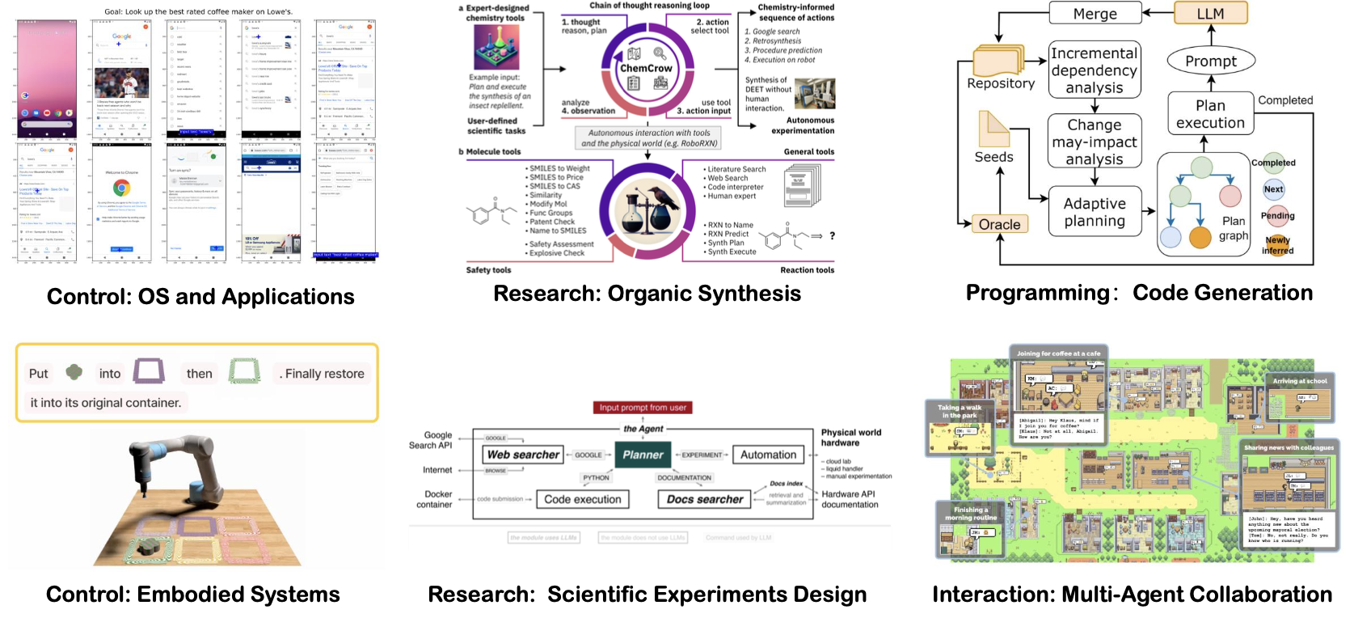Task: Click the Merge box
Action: pos(1095,14)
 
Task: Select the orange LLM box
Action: pos(1210,14)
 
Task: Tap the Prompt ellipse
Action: pos(1210,61)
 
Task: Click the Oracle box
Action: pos(999,224)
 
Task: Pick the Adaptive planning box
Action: pos(1094,212)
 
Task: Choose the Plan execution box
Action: pos(1210,114)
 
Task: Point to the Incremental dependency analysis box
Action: pos(1094,70)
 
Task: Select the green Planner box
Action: pos(643,455)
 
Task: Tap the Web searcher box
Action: pos(523,455)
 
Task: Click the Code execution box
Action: pos(582,499)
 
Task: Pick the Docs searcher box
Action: pos(704,499)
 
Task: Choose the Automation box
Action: pos(768,455)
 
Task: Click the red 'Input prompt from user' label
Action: pos(643,408)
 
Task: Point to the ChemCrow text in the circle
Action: pos(646,69)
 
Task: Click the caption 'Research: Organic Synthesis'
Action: pos(647,294)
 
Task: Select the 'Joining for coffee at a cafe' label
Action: pos(1058,353)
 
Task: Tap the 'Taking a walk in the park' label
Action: pos(959,411)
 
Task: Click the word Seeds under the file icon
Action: pos(993,157)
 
